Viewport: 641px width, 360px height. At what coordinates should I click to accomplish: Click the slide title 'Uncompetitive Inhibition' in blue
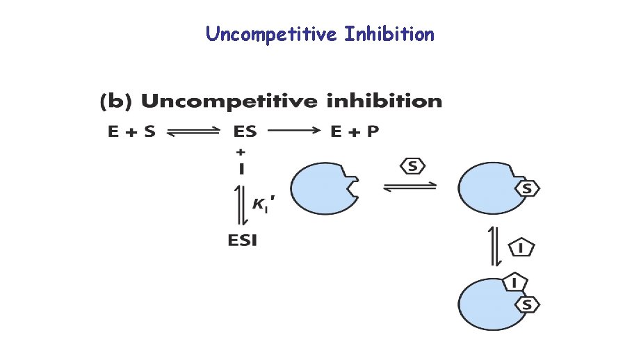(x=320, y=34)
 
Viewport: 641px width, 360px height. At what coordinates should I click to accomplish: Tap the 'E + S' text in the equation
(x=131, y=132)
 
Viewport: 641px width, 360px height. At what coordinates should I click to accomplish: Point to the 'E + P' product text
(x=355, y=132)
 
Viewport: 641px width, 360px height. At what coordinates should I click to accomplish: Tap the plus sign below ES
(x=241, y=151)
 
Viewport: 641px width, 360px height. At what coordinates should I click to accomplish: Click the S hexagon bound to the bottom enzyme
(x=528, y=304)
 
